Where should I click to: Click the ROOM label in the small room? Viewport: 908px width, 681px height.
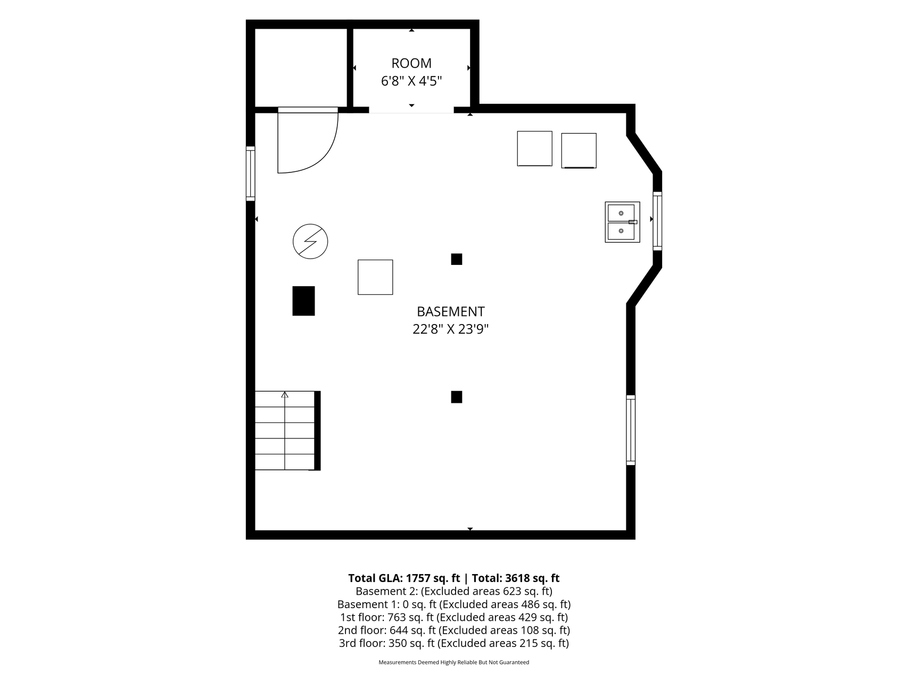point(411,63)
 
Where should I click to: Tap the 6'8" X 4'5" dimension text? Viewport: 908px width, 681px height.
point(411,81)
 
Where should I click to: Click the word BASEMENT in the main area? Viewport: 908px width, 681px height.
point(450,312)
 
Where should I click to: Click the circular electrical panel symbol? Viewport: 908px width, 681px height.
point(310,242)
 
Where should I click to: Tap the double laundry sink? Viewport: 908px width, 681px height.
point(622,222)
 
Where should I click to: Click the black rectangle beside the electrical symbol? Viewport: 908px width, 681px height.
point(303,301)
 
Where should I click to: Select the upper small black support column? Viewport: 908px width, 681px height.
point(456,259)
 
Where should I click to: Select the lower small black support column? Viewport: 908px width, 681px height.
point(456,397)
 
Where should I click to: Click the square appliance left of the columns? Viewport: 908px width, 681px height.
point(375,277)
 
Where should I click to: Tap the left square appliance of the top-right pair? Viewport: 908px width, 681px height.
point(534,148)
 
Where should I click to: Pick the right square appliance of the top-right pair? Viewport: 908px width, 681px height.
point(579,151)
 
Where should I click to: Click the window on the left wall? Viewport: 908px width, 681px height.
point(250,173)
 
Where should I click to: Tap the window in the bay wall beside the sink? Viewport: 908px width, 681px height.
point(657,221)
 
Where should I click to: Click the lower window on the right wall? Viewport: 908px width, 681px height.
point(631,430)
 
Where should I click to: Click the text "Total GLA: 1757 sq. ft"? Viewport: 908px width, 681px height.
point(404,578)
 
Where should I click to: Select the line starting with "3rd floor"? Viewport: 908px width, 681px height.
point(453,643)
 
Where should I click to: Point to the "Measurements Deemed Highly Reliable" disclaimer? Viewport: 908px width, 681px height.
point(453,662)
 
